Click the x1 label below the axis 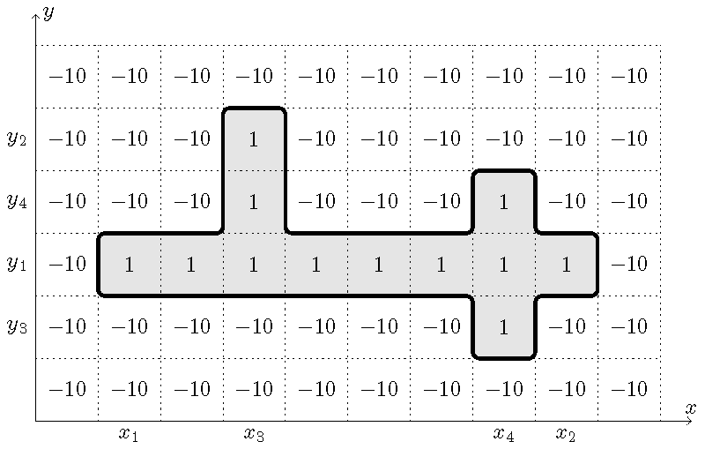tap(129, 434)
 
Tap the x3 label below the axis tap(254, 434)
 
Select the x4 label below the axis tap(503, 434)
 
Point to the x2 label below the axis tap(566, 434)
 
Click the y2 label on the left tap(17, 138)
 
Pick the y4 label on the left tap(17, 201)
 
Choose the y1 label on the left tap(17, 264)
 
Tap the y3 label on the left tap(17, 326)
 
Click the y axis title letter tap(48, 12)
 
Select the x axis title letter tap(690, 408)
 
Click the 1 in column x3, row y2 tap(254, 139)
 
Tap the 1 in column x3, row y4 tap(254, 202)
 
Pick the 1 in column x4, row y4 tap(503, 202)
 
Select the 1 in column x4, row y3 tap(503, 327)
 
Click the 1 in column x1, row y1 tap(129, 265)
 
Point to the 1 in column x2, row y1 tap(566, 265)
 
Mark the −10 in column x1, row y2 tap(129, 139)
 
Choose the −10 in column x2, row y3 tap(566, 327)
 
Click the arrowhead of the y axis tap(35, 14)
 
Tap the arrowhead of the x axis tap(689, 421)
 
